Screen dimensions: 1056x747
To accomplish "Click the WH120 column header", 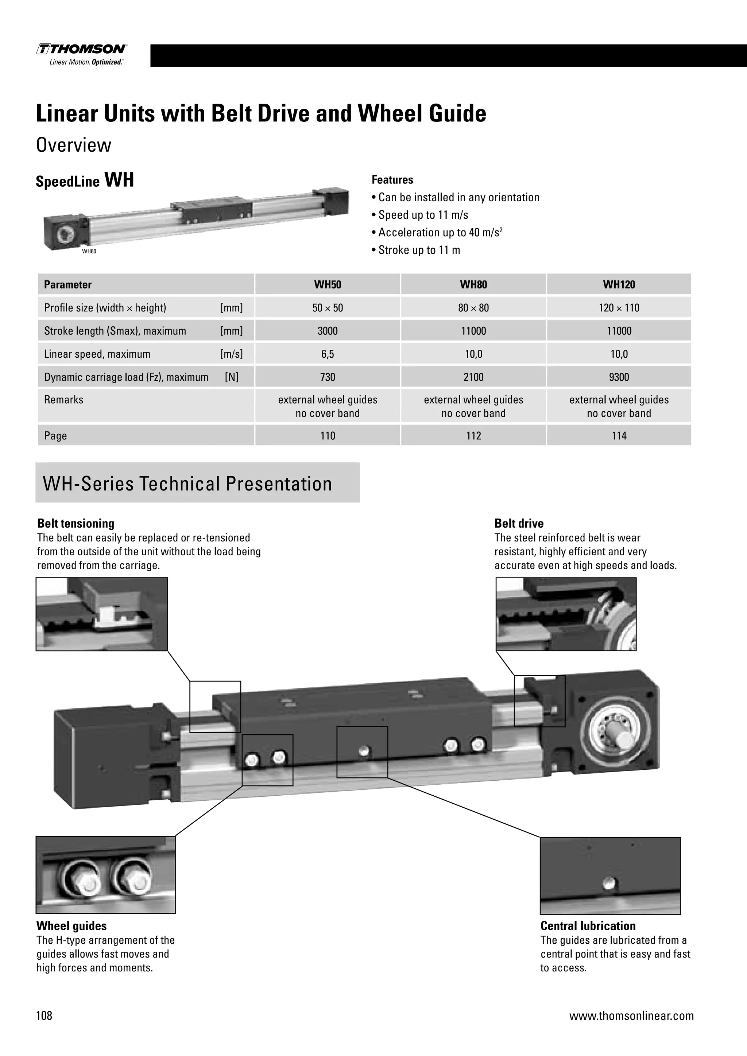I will pyautogui.click(x=619, y=285).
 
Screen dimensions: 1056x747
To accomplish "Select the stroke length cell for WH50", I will pyautogui.click(x=328, y=331).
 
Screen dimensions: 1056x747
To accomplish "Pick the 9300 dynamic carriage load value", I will pyautogui.click(x=619, y=377).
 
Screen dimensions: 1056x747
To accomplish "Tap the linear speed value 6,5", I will pyautogui.click(x=328, y=354).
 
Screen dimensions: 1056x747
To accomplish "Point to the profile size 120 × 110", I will pyautogui.click(x=619, y=308).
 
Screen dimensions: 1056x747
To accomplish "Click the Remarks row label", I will pyautogui.click(x=64, y=400).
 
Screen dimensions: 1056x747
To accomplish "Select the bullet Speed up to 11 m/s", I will pyautogui.click(x=423, y=215).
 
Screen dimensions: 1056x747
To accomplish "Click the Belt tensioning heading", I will pyautogui.click(x=76, y=523).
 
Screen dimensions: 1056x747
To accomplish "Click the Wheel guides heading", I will pyautogui.click(x=72, y=926).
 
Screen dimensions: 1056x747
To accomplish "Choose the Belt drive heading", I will pyautogui.click(x=519, y=523).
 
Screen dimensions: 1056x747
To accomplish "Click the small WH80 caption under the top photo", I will pyautogui.click(x=89, y=252).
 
